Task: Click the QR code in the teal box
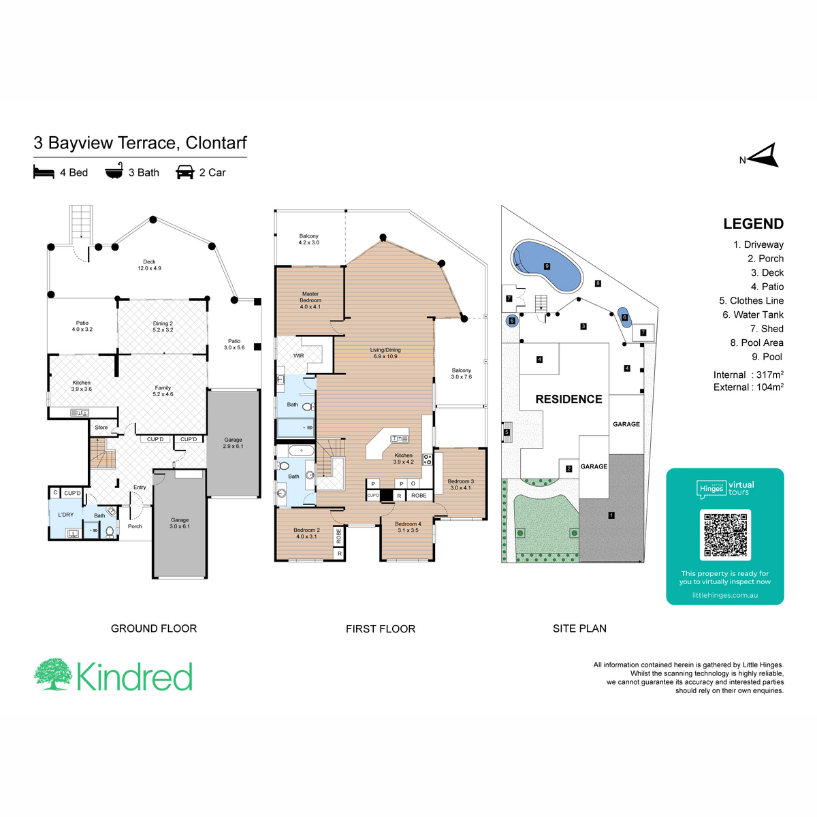(725, 534)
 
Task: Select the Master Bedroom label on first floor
(310, 300)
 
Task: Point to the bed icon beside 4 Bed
(44, 172)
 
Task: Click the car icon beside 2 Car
(185, 172)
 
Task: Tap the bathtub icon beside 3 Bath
(114, 172)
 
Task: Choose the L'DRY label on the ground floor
(66, 515)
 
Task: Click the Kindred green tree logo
(53, 675)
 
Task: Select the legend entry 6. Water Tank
(752, 315)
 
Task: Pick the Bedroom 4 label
(408, 527)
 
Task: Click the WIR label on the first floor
(298, 355)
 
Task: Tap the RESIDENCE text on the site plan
(568, 400)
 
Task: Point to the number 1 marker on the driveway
(611, 515)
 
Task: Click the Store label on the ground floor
(101, 428)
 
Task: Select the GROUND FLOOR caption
(154, 628)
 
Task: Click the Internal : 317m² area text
(748, 374)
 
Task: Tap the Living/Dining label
(385, 353)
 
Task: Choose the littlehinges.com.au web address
(724, 595)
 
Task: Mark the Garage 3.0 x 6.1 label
(180, 523)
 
